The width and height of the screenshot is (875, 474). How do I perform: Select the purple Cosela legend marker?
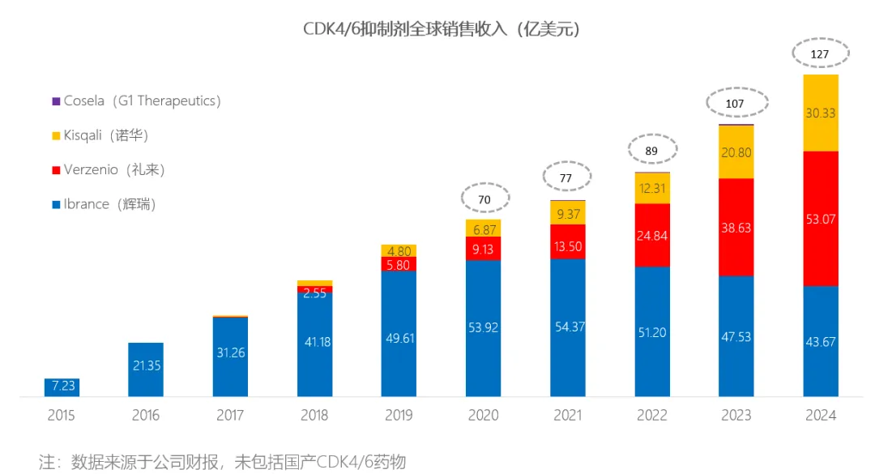pos(56,101)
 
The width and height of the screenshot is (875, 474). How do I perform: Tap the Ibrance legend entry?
pos(109,204)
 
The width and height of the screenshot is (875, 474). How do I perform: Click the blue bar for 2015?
pos(62,387)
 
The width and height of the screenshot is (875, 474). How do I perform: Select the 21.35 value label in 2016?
pos(146,366)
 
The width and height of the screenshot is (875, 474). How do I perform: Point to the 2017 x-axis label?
pos(230,416)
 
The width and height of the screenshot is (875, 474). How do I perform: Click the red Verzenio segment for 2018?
pos(315,288)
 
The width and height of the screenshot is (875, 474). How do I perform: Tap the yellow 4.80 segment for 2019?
pos(399,250)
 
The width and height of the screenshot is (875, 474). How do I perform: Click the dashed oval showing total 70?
pos(484,198)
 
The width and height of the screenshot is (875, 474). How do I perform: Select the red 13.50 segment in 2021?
pos(568,241)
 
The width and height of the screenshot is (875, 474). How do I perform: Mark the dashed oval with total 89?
pos(651,152)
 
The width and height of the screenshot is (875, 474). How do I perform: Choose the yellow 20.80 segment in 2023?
pos(736,152)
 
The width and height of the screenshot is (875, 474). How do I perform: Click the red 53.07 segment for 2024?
pos(820,218)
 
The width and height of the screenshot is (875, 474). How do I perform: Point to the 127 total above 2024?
pos(820,54)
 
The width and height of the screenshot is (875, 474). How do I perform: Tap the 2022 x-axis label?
pos(652,416)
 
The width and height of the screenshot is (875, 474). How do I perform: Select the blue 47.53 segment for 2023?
pos(736,335)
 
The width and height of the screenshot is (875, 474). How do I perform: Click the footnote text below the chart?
pos(222,463)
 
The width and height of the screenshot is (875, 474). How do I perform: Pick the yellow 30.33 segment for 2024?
pos(820,113)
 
